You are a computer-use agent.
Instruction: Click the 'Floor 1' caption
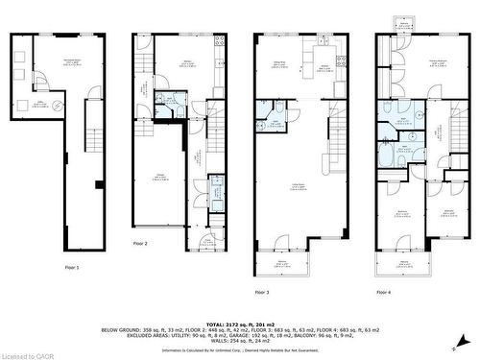coord(72,267)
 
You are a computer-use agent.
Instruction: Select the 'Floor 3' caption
coord(261,291)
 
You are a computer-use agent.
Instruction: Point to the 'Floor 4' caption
coord(384,291)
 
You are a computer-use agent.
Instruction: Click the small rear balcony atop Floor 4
coord(396,23)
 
